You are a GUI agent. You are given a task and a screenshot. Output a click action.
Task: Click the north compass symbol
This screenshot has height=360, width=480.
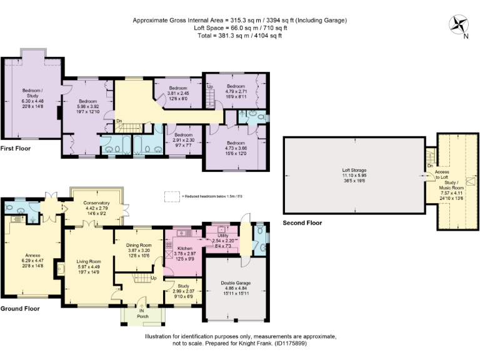459,25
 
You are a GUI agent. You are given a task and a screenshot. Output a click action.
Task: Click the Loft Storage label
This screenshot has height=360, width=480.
354,170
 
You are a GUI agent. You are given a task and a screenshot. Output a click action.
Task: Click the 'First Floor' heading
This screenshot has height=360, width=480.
16,149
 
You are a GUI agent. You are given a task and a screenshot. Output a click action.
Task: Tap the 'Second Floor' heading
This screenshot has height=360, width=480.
302,222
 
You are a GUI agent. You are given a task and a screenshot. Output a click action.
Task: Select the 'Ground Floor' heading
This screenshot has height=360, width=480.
20,309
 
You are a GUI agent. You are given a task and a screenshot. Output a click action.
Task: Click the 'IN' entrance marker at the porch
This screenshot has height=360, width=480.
142,310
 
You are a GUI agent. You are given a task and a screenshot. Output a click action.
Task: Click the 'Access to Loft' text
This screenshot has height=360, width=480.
442,174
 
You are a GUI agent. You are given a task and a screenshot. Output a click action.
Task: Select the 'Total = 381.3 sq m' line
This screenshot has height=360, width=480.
239,36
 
